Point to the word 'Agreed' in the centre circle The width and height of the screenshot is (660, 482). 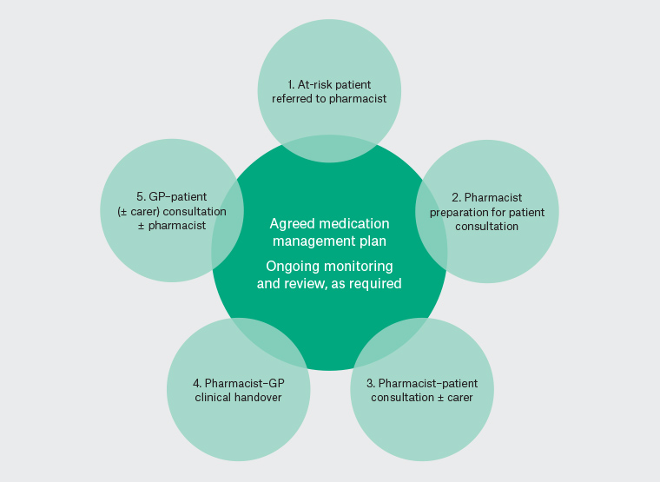290,223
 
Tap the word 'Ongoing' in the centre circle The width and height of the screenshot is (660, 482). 292,266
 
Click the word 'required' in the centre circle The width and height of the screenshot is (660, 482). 375,283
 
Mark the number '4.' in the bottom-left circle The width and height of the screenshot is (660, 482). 197,384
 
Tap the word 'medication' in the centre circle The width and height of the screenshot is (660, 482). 354,223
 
